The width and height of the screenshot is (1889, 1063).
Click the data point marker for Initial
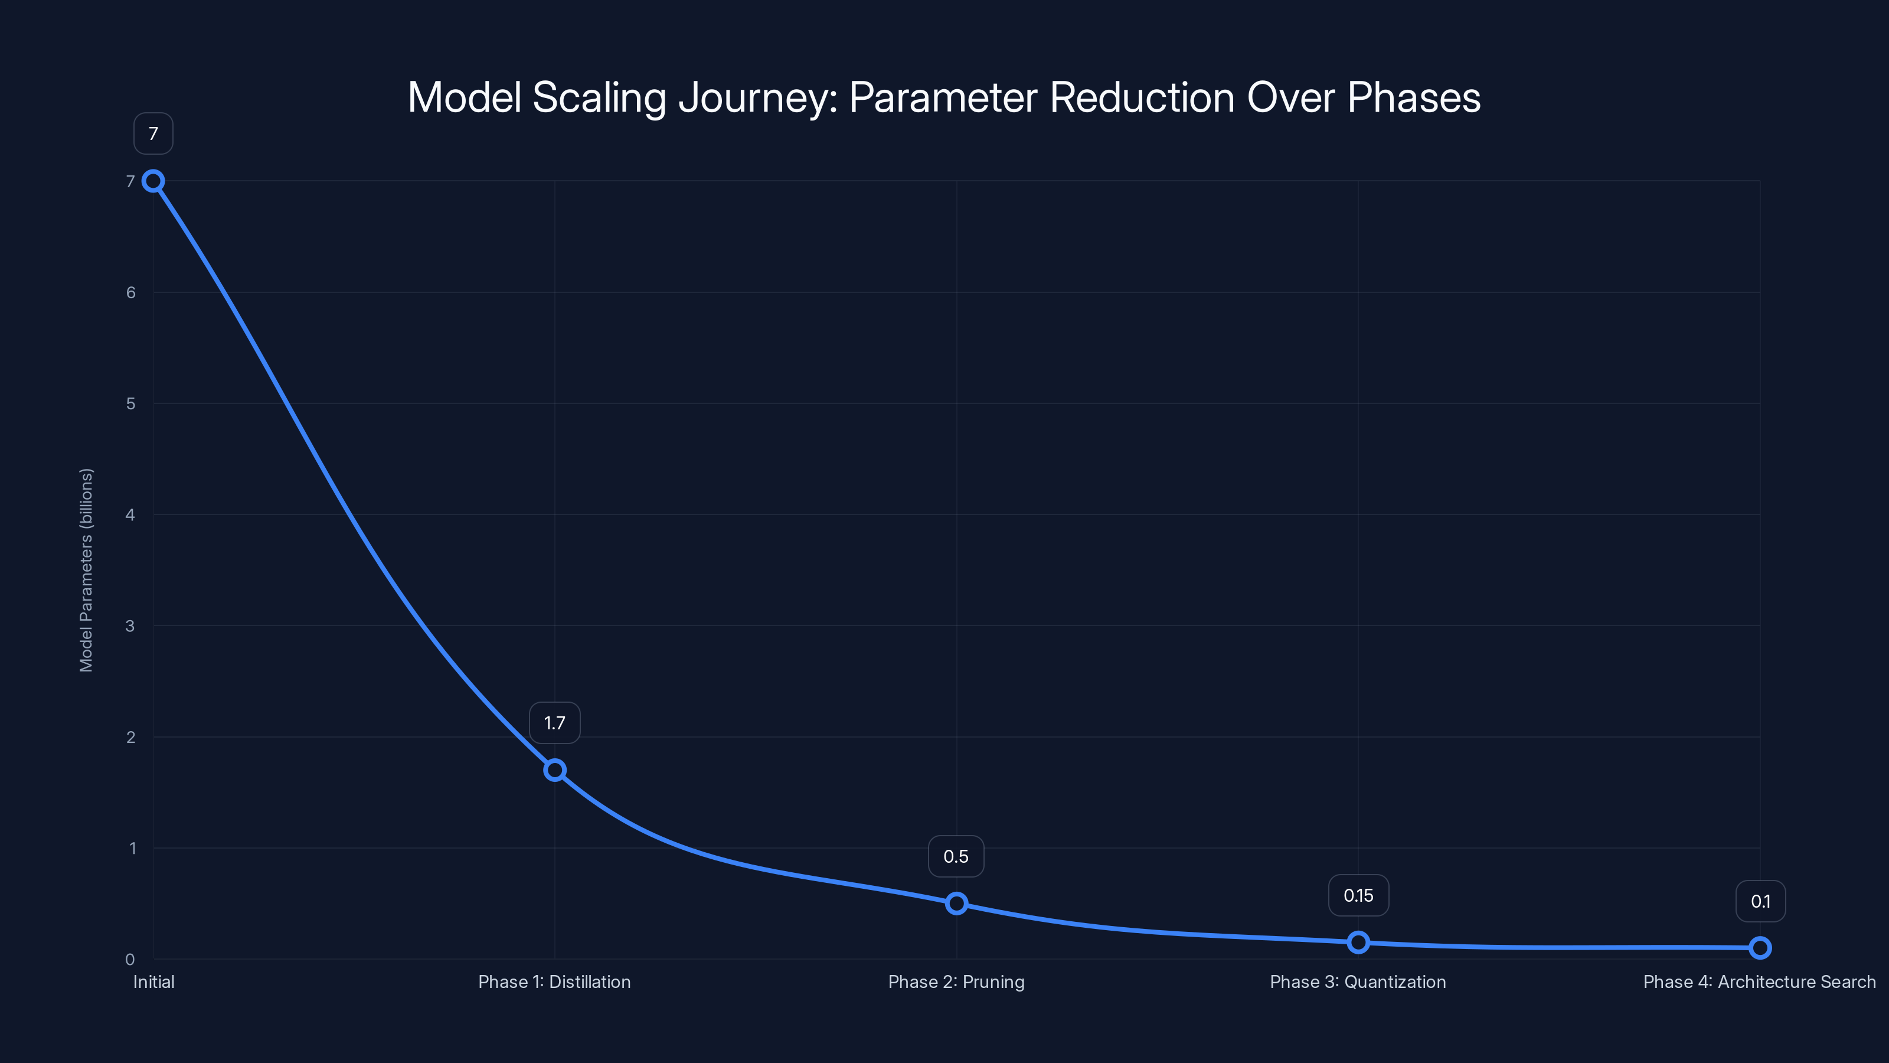point(153,181)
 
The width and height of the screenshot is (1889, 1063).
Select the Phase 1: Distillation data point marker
point(554,770)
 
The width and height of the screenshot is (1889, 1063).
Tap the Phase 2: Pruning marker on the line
point(956,903)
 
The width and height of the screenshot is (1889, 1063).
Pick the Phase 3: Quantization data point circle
point(1358,942)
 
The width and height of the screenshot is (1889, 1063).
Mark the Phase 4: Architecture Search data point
point(1760,948)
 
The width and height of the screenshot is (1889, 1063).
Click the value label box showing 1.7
point(554,723)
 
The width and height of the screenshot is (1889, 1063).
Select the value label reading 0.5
point(956,857)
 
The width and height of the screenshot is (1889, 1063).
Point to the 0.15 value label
point(1358,896)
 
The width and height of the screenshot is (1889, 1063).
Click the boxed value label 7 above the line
point(153,133)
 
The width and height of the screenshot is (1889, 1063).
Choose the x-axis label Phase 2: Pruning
point(956,982)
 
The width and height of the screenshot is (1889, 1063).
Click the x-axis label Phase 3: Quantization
point(1358,982)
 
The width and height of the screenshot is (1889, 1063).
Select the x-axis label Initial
point(153,982)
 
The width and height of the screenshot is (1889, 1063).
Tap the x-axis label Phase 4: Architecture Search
point(1759,982)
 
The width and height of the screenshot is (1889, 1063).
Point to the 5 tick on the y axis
point(130,403)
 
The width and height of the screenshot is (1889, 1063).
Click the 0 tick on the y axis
point(130,960)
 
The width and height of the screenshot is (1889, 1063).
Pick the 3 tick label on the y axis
point(130,626)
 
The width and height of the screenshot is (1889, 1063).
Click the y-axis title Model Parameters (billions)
point(87,570)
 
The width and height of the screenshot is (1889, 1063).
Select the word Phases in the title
point(1414,97)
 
